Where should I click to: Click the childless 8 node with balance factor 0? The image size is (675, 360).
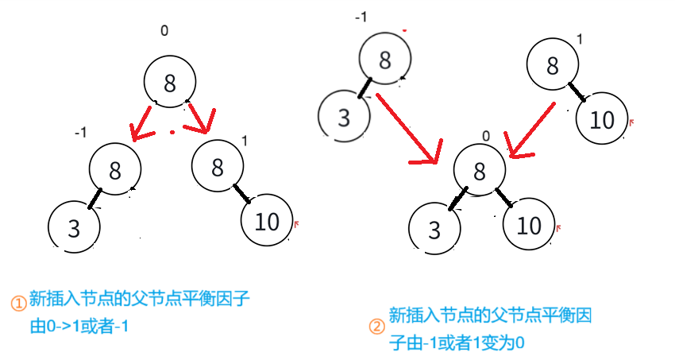click(169, 81)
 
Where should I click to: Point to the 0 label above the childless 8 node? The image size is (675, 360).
click(164, 31)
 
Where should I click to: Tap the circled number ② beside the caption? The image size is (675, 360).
click(376, 327)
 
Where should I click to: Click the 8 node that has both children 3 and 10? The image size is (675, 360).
click(479, 171)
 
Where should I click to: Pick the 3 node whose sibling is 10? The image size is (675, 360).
click(434, 229)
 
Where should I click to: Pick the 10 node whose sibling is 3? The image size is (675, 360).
click(528, 226)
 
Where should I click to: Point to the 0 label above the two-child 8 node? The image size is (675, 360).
click(485, 135)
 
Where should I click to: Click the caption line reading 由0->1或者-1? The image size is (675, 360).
click(79, 325)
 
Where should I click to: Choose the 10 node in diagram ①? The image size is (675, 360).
click(267, 222)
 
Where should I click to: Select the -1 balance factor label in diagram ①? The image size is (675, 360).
click(79, 133)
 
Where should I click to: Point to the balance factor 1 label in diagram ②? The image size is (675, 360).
click(581, 39)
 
